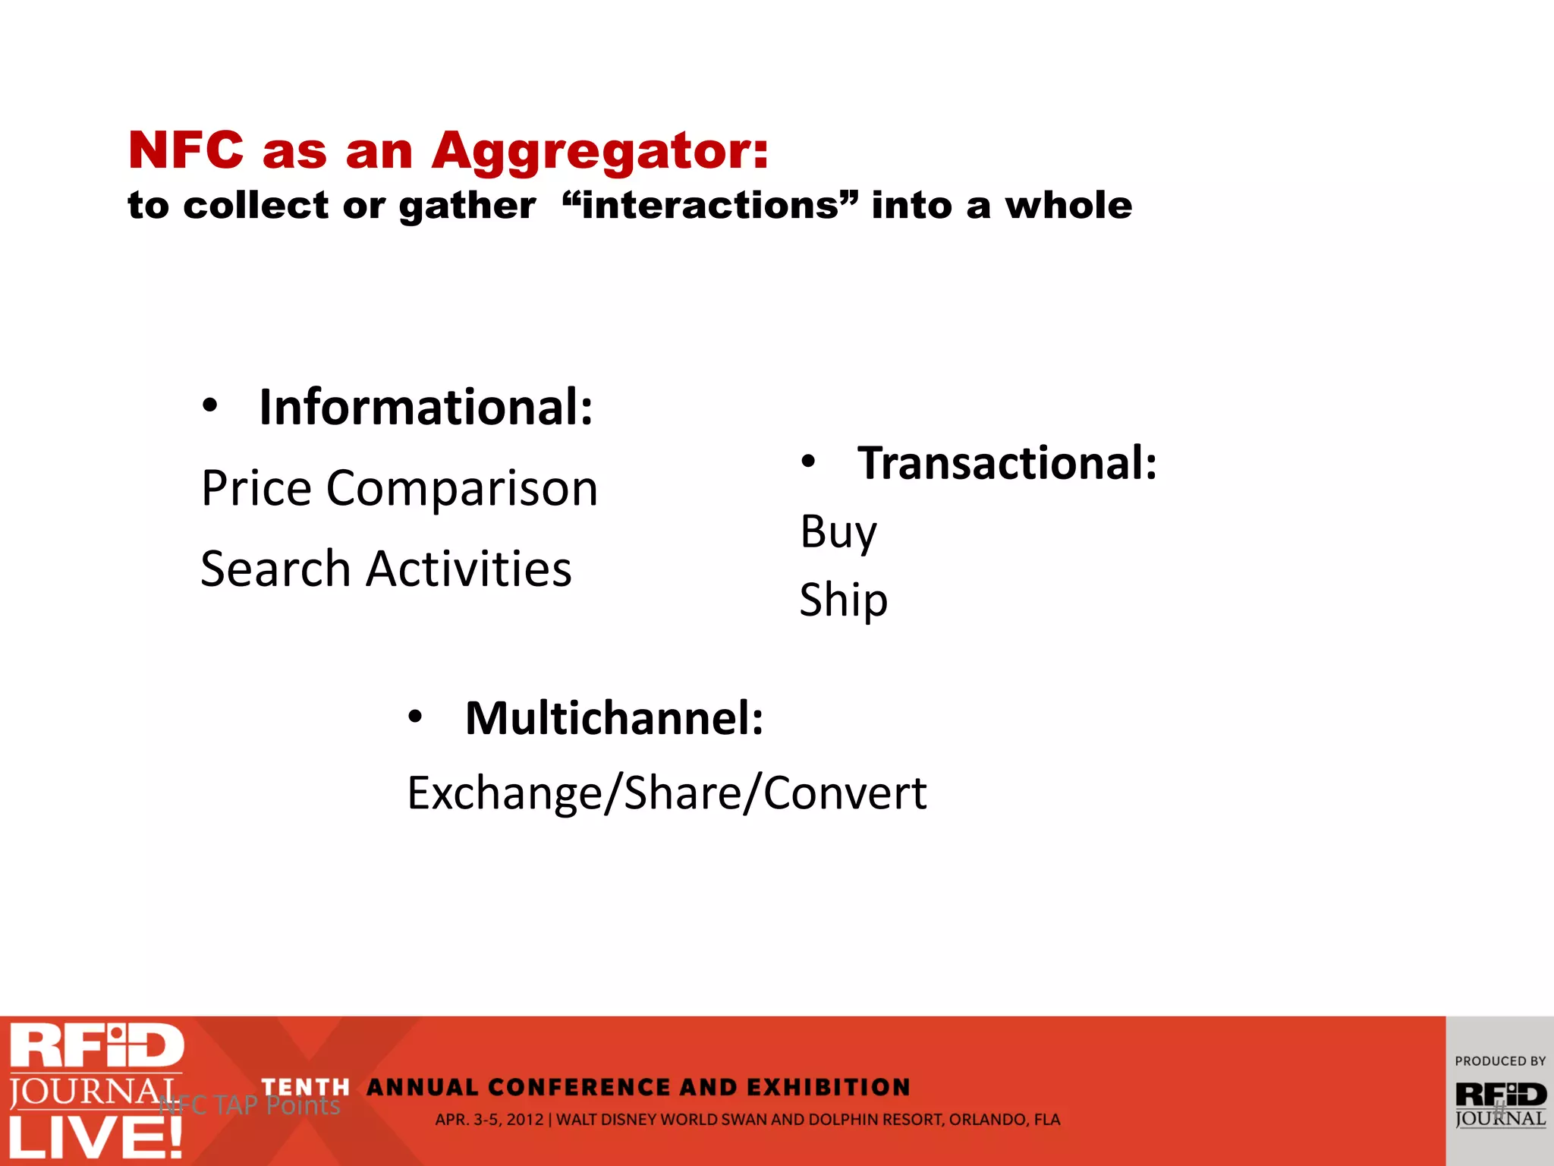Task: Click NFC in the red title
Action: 186,150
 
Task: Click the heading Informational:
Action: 426,408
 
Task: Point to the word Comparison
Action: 462,488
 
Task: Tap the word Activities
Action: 468,569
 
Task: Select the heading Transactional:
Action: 1007,463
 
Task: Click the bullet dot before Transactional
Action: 809,462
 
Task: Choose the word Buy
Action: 838,532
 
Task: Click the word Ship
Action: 843,600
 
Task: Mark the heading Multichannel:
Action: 614,718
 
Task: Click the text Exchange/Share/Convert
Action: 666,793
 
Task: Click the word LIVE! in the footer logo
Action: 96,1137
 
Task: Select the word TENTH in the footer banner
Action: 305,1088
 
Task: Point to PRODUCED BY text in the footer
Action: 1499,1061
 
